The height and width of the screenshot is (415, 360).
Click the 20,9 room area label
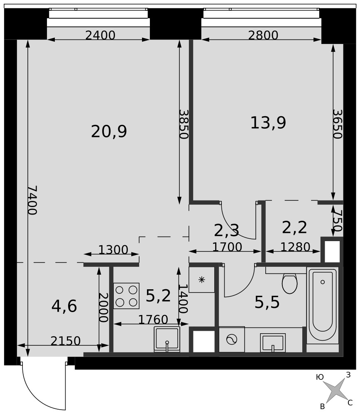pos(109,132)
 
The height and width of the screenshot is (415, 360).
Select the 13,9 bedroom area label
pos(268,123)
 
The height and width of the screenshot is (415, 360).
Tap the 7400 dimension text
pos(32,200)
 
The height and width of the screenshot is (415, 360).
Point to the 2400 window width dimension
pos(100,35)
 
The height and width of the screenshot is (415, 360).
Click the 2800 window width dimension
pos(263,35)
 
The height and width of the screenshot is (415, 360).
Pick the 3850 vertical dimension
pos(183,124)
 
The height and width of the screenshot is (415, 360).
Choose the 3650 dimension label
pos(337,124)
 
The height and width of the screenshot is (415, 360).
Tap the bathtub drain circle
pos(322,282)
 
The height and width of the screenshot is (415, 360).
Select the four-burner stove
pos(126,296)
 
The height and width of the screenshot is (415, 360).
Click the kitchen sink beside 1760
pos(167,339)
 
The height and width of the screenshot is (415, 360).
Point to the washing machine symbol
pos(232,339)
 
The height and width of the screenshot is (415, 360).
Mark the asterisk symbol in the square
pos(202,279)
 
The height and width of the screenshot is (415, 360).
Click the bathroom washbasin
pos(272,343)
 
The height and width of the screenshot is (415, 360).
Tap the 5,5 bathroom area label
pos(267,303)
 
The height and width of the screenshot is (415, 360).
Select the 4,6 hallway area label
pos(64,306)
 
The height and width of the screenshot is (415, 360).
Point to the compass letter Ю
pos(320,377)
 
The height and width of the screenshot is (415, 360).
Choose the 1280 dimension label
pos(295,247)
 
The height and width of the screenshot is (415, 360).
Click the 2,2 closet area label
pos(294,227)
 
